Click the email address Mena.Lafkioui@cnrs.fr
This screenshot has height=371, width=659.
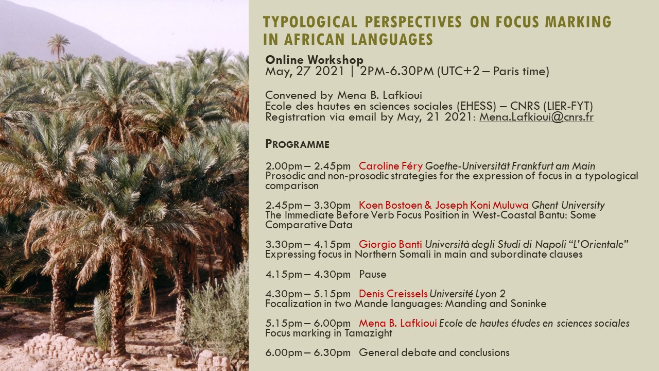(x=536, y=117)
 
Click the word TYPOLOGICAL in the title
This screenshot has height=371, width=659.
(x=310, y=22)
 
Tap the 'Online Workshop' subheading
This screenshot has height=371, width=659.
(x=314, y=60)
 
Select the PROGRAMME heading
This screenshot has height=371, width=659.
(x=297, y=144)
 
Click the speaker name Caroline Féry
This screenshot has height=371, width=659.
(x=391, y=166)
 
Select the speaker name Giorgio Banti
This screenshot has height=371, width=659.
(x=390, y=244)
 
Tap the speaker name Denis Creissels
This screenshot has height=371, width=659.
(x=393, y=294)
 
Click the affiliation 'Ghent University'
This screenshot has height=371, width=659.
(x=568, y=205)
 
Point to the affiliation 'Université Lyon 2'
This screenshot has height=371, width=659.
(x=467, y=294)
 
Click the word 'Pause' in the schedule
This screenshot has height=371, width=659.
(x=372, y=274)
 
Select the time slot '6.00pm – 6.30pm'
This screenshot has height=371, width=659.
(x=308, y=352)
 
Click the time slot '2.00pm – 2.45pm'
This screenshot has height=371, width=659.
(x=308, y=166)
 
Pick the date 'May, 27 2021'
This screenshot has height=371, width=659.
(x=304, y=72)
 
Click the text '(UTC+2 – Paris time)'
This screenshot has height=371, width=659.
(x=493, y=72)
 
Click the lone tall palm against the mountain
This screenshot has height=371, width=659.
(x=59, y=47)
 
